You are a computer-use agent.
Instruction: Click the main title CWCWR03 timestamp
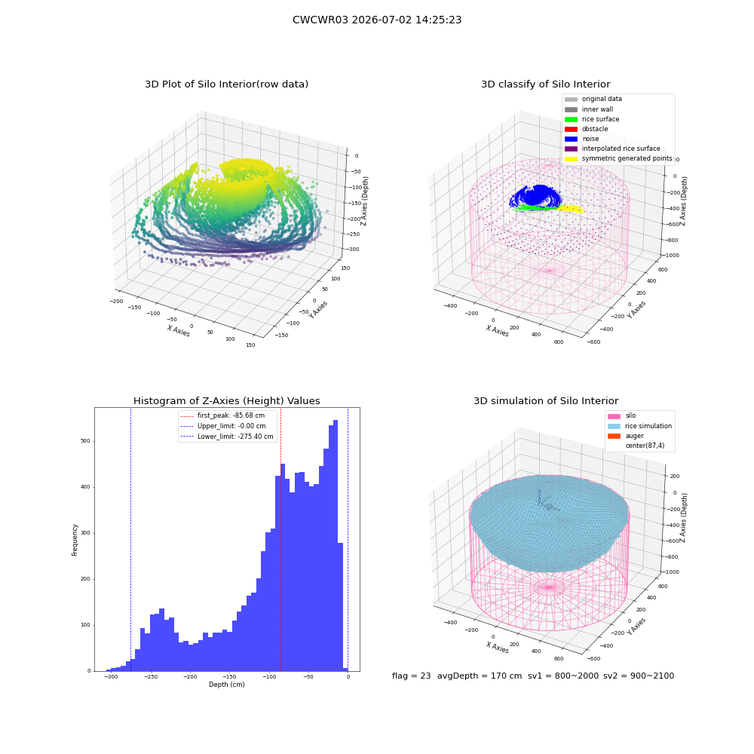377,20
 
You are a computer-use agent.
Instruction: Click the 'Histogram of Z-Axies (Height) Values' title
226,400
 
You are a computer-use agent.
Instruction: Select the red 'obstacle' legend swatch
571,129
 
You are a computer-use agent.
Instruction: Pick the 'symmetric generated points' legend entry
618,158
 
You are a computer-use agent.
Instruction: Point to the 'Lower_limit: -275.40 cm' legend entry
226,437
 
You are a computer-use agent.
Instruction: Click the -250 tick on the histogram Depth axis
151,676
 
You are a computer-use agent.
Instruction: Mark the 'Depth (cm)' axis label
226,685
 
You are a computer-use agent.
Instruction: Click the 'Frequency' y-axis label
75,540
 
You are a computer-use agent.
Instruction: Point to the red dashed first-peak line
280,539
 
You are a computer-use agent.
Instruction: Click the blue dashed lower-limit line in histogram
130,539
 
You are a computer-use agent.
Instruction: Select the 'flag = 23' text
411,676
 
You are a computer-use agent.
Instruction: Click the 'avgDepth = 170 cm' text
480,676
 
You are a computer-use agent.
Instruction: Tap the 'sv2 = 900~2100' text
639,676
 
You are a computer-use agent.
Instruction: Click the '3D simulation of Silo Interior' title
546,400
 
